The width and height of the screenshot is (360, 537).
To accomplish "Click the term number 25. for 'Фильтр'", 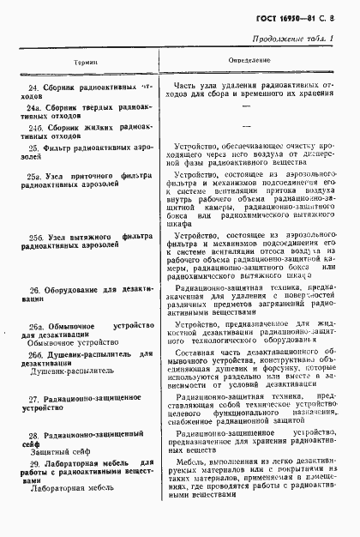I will (x=33, y=148).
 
